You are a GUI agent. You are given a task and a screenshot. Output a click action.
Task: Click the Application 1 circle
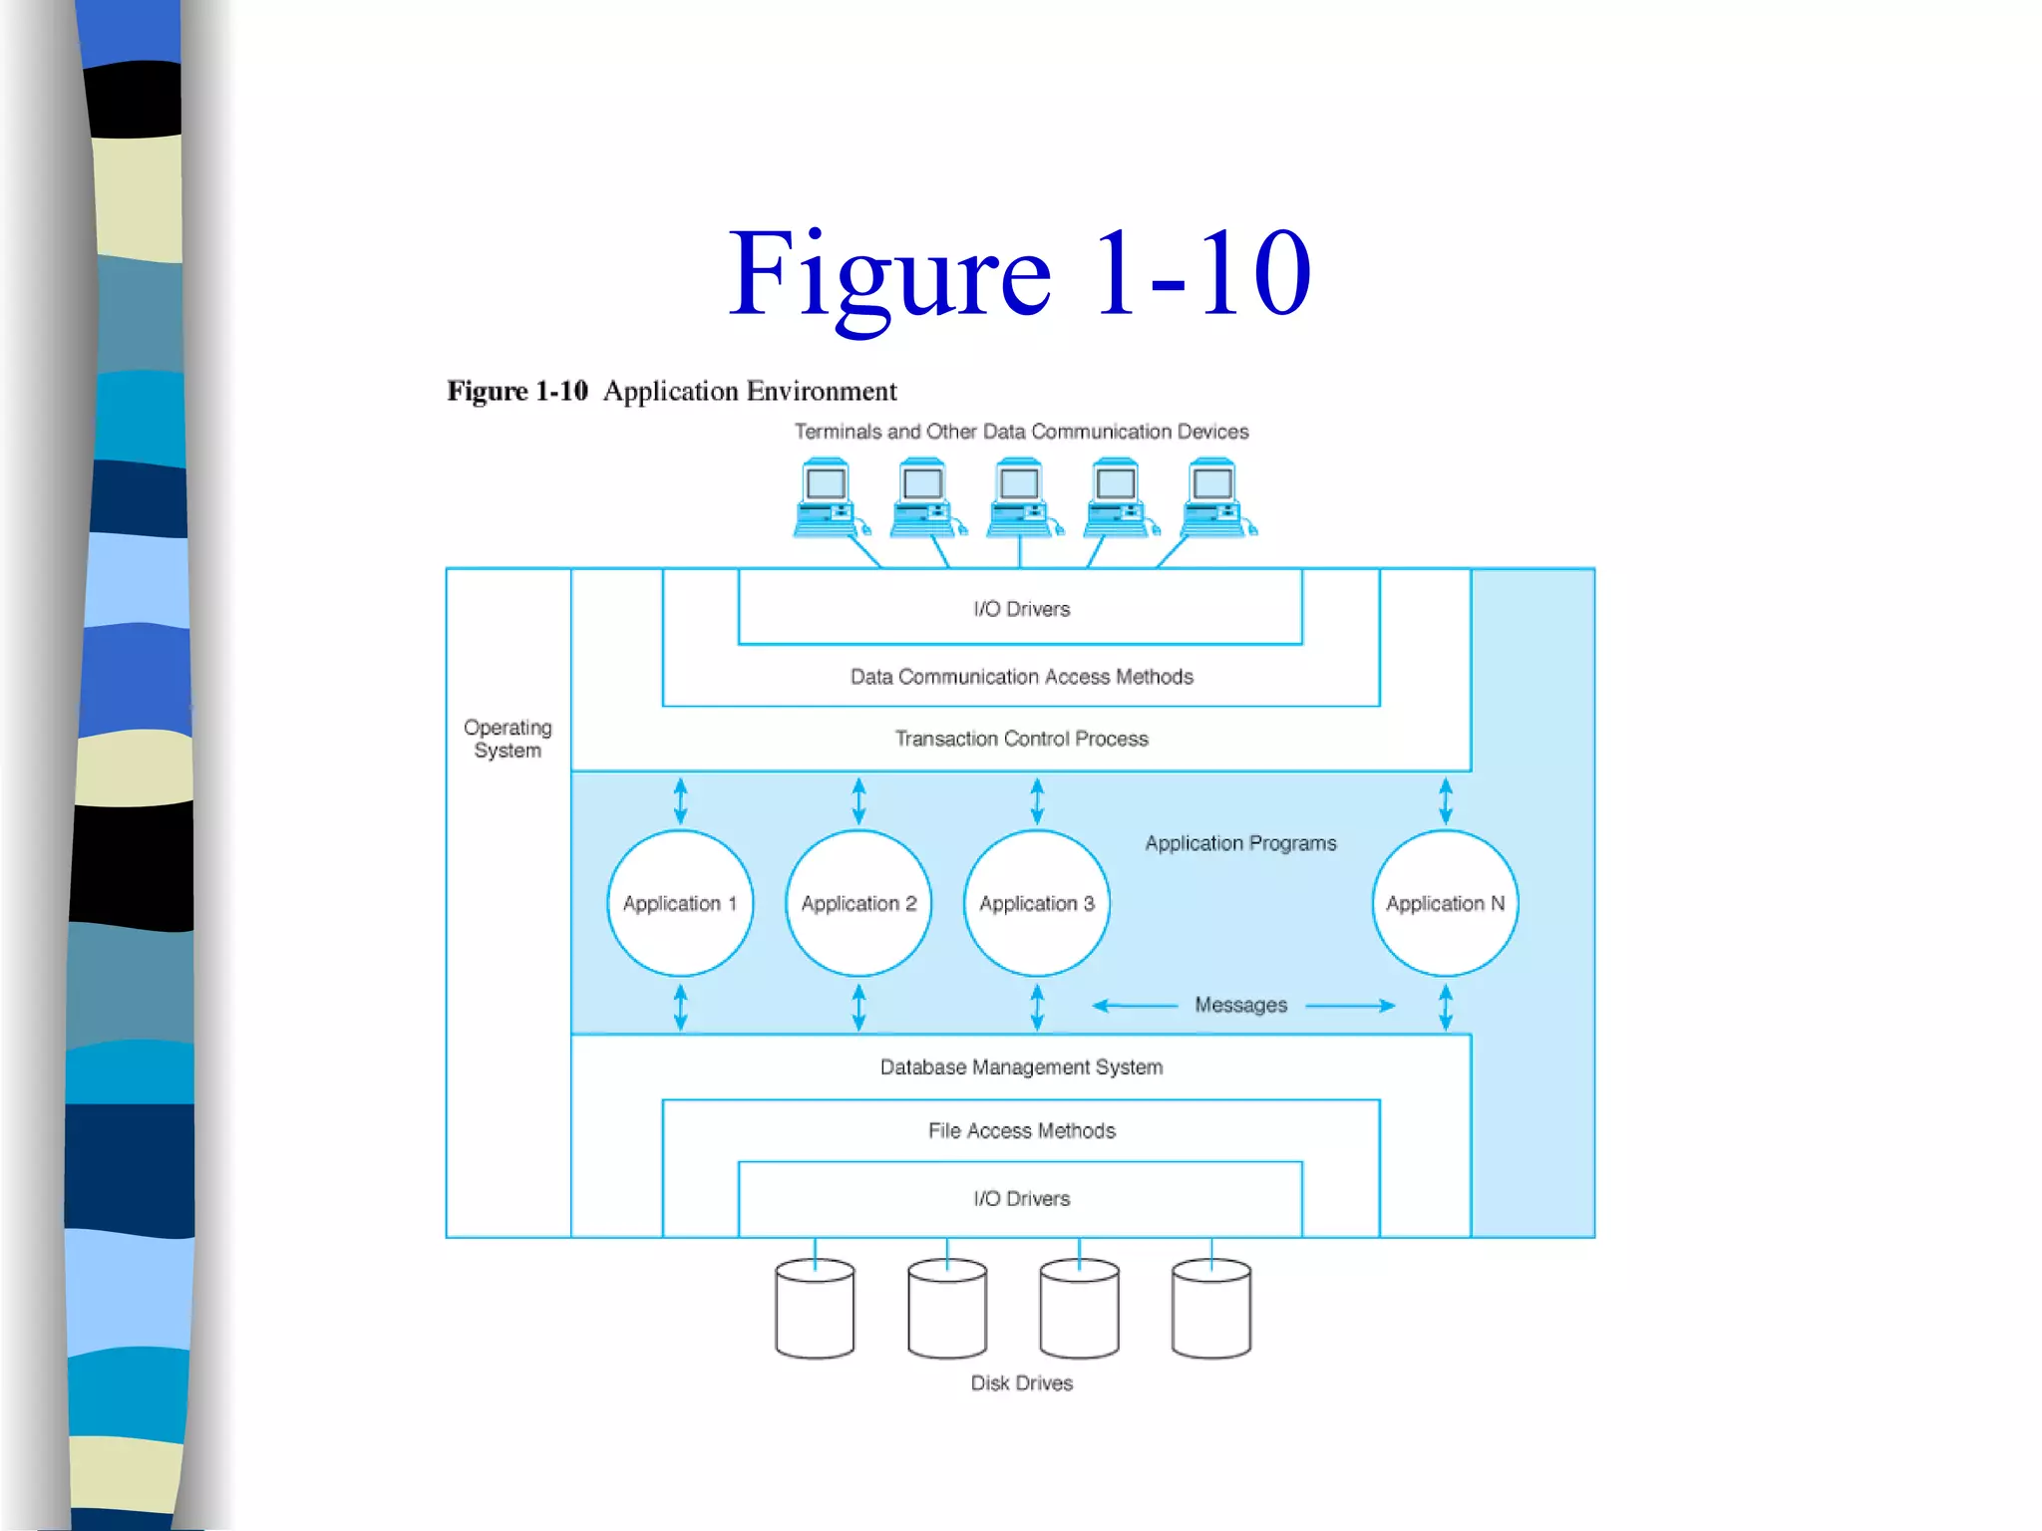coord(680,903)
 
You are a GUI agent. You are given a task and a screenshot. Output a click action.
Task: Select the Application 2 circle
coord(858,903)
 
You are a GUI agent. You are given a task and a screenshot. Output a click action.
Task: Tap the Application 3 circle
coord(1037,903)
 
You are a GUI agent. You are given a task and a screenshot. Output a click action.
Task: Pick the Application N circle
coord(1445,903)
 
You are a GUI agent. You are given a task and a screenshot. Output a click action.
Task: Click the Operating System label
coord(508,739)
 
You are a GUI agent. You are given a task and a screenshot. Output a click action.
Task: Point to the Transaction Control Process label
coord(1021,739)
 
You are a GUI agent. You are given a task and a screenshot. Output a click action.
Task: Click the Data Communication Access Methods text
coord(1021,677)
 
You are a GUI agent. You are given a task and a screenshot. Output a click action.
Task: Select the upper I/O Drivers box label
coord(1021,609)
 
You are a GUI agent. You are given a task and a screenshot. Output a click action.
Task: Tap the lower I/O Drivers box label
coord(1021,1198)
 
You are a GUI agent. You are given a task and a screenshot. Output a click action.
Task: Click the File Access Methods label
coord(1021,1130)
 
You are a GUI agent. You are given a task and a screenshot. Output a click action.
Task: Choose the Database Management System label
coord(1021,1067)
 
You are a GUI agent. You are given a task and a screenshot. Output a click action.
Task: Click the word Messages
coord(1240,1005)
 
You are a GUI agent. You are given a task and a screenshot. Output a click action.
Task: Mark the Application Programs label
coord(1240,843)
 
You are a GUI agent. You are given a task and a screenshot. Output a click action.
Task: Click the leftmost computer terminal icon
coord(829,497)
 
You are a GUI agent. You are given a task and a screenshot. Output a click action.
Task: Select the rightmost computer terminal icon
coord(1215,497)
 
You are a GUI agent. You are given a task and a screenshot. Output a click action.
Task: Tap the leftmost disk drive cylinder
coord(815,1309)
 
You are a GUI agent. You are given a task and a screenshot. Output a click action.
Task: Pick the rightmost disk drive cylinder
coord(1210,1309)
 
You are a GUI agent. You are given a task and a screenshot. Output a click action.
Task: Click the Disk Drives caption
coord(1021,1382)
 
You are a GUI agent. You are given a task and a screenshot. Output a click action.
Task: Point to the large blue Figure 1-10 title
coord(1019,273)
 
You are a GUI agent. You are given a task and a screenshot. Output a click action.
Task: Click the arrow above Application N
coord(1446,801)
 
